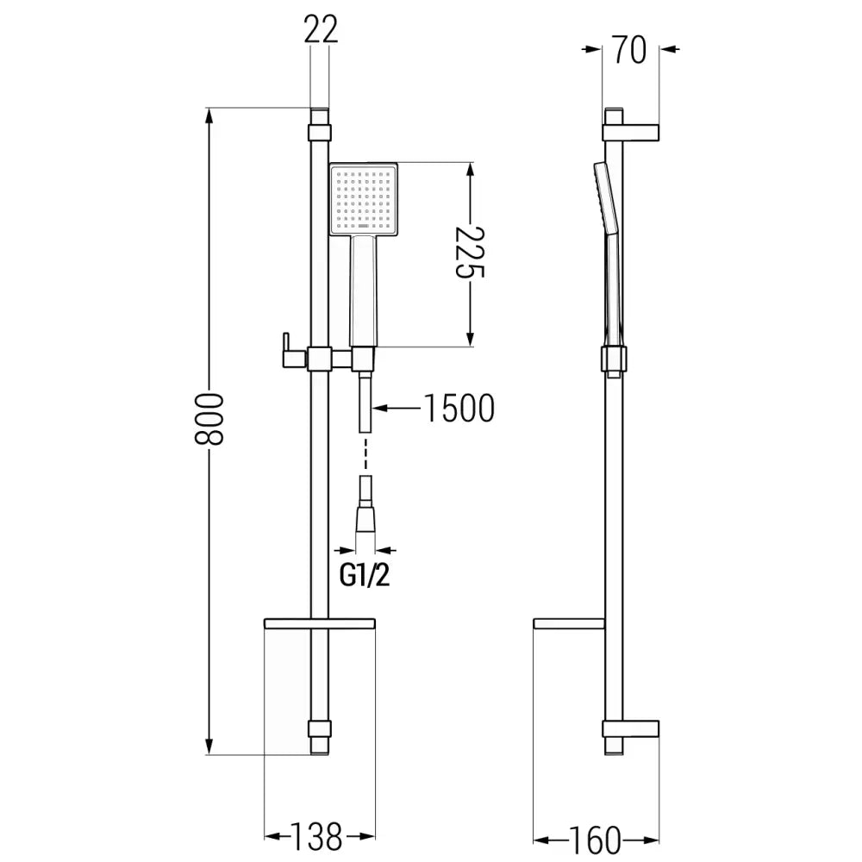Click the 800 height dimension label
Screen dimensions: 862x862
[209, 419]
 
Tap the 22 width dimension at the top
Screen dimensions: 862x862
[320, 31]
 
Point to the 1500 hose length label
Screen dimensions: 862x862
[458, 409]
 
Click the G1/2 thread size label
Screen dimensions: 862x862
[364, 574]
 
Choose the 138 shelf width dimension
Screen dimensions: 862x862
[319, 835]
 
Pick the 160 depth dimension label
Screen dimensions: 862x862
[596, 839]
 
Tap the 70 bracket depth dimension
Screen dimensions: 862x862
[631, 50]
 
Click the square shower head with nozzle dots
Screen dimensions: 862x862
[363, 199]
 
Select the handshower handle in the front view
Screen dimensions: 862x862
[363, 290]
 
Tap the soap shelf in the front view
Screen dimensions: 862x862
[320, 622]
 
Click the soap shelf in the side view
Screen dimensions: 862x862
[570, 623]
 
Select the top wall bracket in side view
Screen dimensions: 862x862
[632, 132]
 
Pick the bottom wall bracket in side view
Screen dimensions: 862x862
[632, 728]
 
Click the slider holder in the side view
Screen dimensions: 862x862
[614, 360]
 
